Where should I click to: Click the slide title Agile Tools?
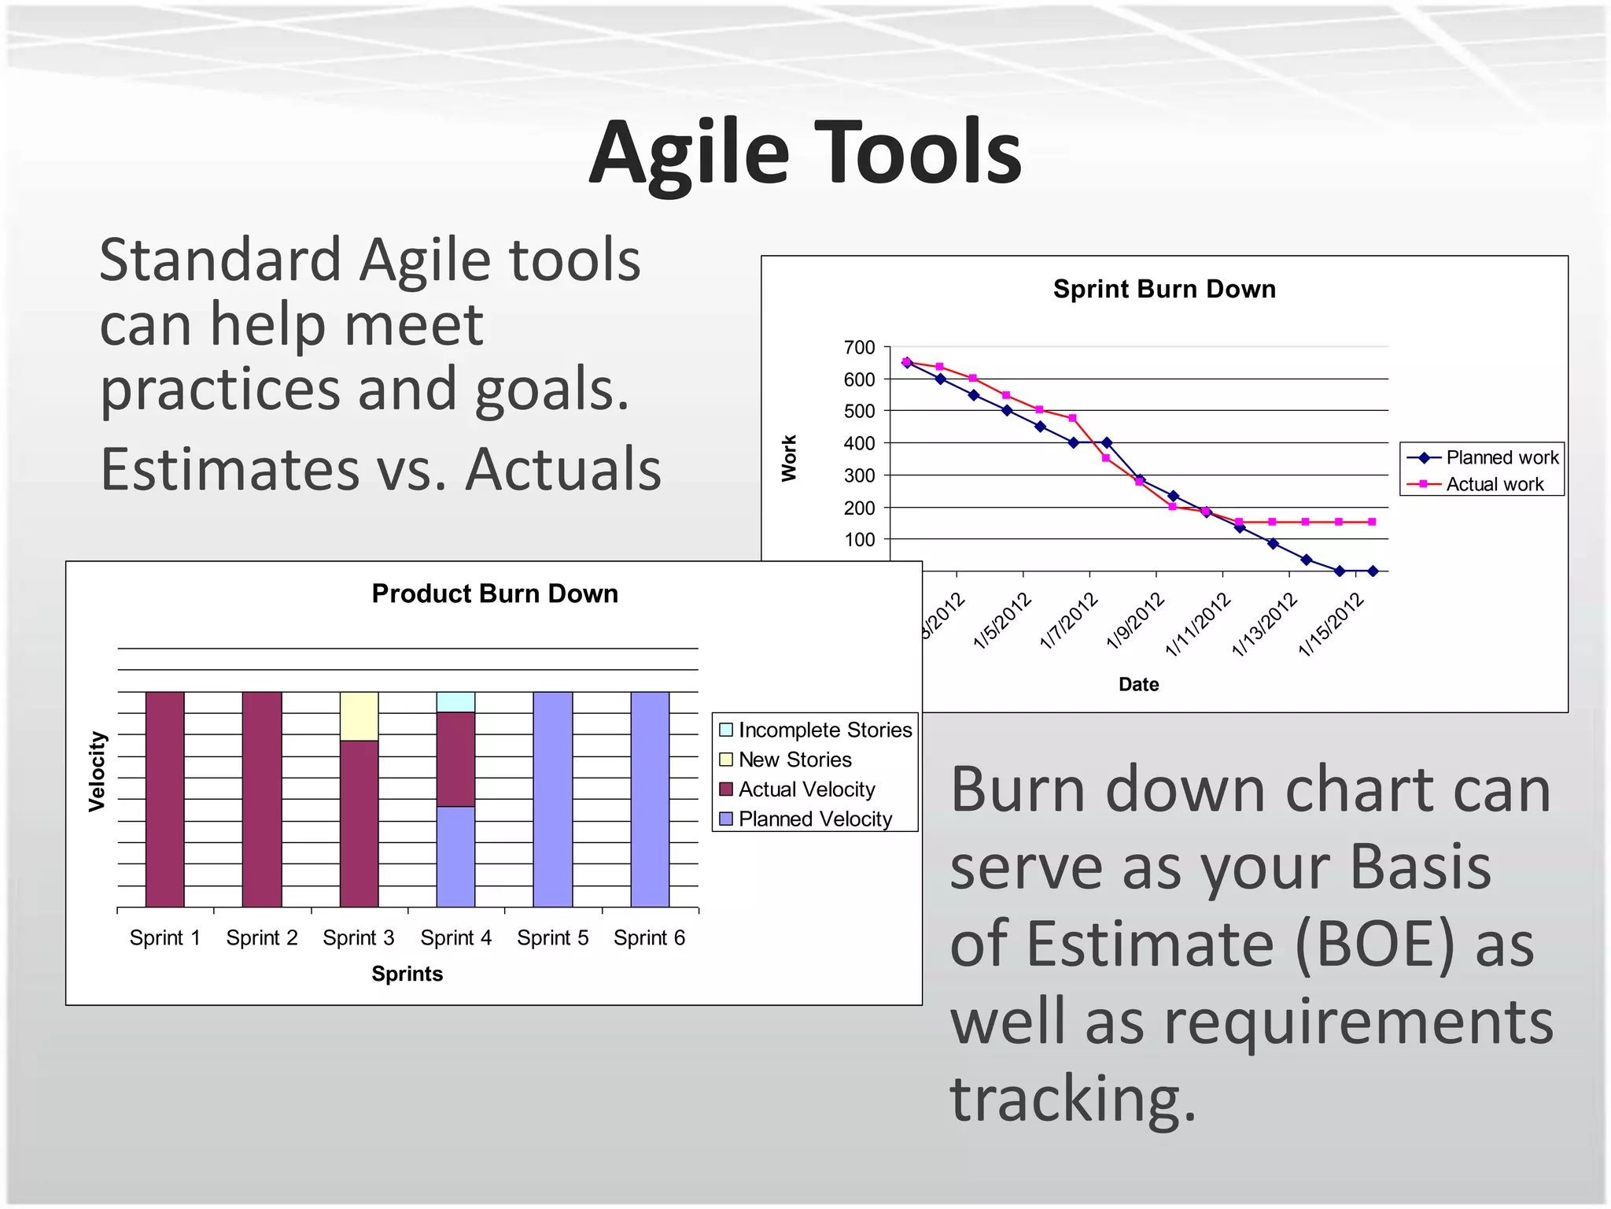click(805, 152)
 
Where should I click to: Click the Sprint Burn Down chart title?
click(1163, 289)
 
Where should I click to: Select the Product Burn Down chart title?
click(495, 593)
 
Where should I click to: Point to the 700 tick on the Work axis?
click(859, 347)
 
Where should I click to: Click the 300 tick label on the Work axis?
click(859, 475)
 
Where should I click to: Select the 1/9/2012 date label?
click(1136, 622)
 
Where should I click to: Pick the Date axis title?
click(1138, 684)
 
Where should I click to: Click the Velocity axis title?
click(97, 771)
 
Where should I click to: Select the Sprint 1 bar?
click(165, 799)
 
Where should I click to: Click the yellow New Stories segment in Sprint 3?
click(359, 715)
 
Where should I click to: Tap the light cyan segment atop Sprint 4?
click(455, 701)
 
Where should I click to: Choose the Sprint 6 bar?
click(650, 799)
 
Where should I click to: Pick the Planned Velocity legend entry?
click(814, 819)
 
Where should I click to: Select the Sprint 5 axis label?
click(552, 937)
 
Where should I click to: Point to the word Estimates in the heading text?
click(230, 469)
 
